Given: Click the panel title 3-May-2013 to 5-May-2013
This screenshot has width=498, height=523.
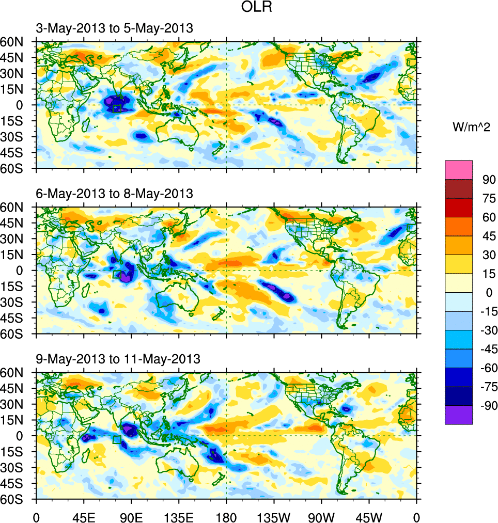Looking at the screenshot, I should pos(114,28).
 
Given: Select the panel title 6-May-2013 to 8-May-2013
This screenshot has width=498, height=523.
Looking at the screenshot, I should pos(114,194).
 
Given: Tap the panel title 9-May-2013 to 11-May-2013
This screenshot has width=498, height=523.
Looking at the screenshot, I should pos(118,359).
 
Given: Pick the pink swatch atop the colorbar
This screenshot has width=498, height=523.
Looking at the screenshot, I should pos(459,169).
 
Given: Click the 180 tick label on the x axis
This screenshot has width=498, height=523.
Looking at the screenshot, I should pos(226,516).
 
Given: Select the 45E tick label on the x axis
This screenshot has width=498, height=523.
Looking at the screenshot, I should pos(83,516).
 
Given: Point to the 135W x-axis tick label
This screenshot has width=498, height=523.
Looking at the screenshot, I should pos(274,516).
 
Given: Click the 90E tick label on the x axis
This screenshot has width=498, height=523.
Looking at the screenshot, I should pos(131,516).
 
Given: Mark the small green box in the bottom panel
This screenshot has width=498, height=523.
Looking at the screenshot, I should pos(117,439).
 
